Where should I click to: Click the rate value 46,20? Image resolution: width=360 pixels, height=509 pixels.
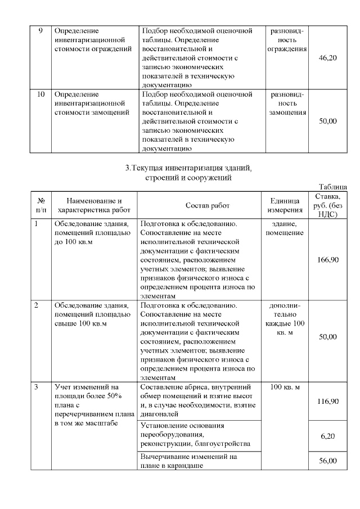pyautogui.click(x=327, y=57)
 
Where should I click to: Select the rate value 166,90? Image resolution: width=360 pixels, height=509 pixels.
pyautogui.click(x=327, y=259)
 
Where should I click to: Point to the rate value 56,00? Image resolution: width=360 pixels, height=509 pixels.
pyautogui.click(x=327, y=461)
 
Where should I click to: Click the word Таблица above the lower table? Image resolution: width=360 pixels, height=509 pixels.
pyautogui.click(x=332, y=187)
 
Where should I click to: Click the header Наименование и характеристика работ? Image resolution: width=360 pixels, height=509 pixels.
pyautogui.click(x=94, y=205)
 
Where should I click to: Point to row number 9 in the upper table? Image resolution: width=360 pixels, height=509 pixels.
pyautogui.click(x=40, y=30)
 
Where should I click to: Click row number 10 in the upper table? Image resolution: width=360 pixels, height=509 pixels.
pyautogui.click(x=40, y=94)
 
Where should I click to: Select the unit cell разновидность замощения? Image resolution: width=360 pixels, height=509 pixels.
pyautogui.click(x=287, y=103)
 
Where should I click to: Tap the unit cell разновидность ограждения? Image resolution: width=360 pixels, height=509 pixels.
pyautogui.click(x=287, y=39)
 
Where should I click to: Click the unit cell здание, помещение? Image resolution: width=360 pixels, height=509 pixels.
pyautogui.click(x=285, y=228)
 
